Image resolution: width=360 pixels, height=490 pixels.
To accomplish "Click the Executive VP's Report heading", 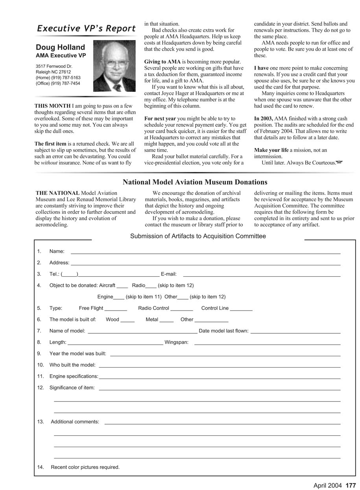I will coord(86,28).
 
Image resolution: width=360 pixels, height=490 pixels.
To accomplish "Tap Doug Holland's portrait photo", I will coord(114,66).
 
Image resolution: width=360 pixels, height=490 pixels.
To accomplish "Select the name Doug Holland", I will coord(60,47).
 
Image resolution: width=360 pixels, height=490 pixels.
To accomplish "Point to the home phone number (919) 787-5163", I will coord(58,78).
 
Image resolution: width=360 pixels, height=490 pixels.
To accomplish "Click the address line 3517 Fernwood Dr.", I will coord(54,67).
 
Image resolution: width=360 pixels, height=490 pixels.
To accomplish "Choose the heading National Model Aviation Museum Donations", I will coord(195,182).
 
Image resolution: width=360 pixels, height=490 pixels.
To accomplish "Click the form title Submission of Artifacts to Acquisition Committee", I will coord(198,236).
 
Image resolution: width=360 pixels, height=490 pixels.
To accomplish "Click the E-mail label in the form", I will coord(169,274).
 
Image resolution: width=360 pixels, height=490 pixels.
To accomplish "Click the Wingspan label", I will coord(176,342).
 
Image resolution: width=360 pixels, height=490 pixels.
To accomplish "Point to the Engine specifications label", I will coord(74,377).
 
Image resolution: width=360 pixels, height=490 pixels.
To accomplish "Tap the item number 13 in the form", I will coord(41,422).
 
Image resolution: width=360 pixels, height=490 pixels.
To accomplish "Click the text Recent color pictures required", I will coord(85,468).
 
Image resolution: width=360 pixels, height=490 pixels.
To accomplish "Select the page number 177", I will coord(351,486).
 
